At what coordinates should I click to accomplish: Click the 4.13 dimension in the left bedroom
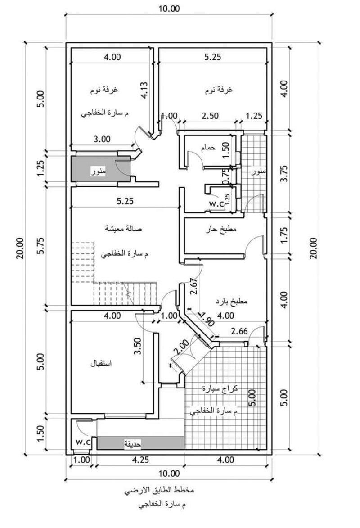(144, 90)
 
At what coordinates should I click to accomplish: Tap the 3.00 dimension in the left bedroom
(102, 139)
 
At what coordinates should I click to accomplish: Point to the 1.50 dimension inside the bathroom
(225, 150)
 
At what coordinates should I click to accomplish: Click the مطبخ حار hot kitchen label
(221, 229)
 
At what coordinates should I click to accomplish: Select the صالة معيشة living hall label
(123, 228)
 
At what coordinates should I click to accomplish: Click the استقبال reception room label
(101, 364)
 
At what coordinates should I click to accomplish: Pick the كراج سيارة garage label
(220, 388)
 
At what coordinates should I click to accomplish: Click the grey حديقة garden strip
(141, 443)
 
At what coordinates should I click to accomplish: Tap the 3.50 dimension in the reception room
(138, 347)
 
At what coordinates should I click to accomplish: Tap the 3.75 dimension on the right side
(284, 173)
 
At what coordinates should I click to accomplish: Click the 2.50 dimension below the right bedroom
(210, 116)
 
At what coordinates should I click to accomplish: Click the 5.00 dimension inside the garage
(252, 397)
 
